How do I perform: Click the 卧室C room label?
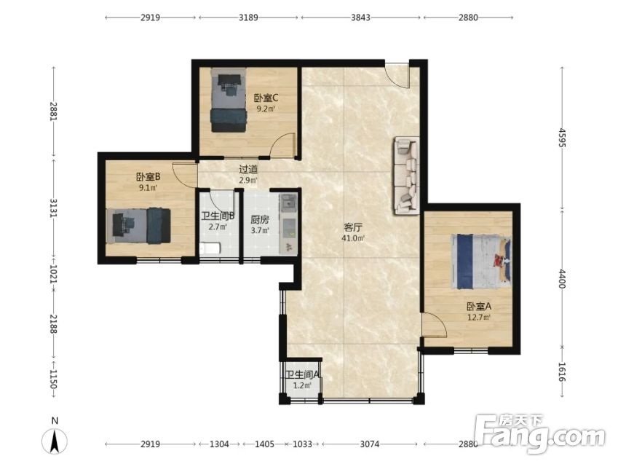pyautogui.click(x=266, y=98)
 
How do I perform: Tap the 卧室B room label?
pyautogui.click(x=148, y=177)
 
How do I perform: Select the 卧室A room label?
pyautogui.click(x=479, y=307)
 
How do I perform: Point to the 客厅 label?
pyautogui.click(x=353, y=227)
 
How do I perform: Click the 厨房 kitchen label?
pyautogui.click(x=260, y=220)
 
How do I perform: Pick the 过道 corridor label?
pyautogui.click(x=248, y=170)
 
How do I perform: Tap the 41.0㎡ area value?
pyautogui.click(x=353, y=238)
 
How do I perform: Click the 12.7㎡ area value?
pyautogui.click(x=479, y=318)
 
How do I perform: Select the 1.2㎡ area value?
pyautogui.click(x=302, y=385)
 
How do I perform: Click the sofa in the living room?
pyautogui.click(x=406, y=176)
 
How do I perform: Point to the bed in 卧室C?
pyautogui.click(x=229, y=101)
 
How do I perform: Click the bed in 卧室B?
pyautogui.click(x=138, y=226)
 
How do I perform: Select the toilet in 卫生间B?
pyautogui.click(x=210, y=249)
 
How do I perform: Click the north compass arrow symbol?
pyautogui.click(x=55, y=441)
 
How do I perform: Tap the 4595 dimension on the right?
pyautogui.click(x=562, y=138)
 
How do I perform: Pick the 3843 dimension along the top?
pyautogui.click(x=360, y=17)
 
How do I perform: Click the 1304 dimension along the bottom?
pyautogui.click(x=219, y=444)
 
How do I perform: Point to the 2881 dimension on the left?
pyautogui.click(x=54, y=111)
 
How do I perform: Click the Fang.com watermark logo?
pyautogui.click(x=540, y=433)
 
